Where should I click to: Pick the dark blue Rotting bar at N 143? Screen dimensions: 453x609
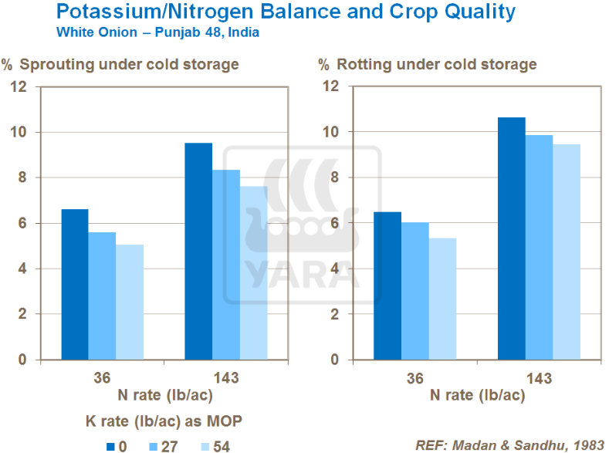coord(511,238)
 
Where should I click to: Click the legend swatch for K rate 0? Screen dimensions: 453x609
coord(110,445)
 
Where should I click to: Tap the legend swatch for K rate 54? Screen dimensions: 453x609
coord(205,445)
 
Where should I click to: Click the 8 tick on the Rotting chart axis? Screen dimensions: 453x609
coord(333,177)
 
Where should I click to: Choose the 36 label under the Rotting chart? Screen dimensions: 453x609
coord(415,378)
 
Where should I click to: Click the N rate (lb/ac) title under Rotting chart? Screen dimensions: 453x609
coord(478,395)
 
